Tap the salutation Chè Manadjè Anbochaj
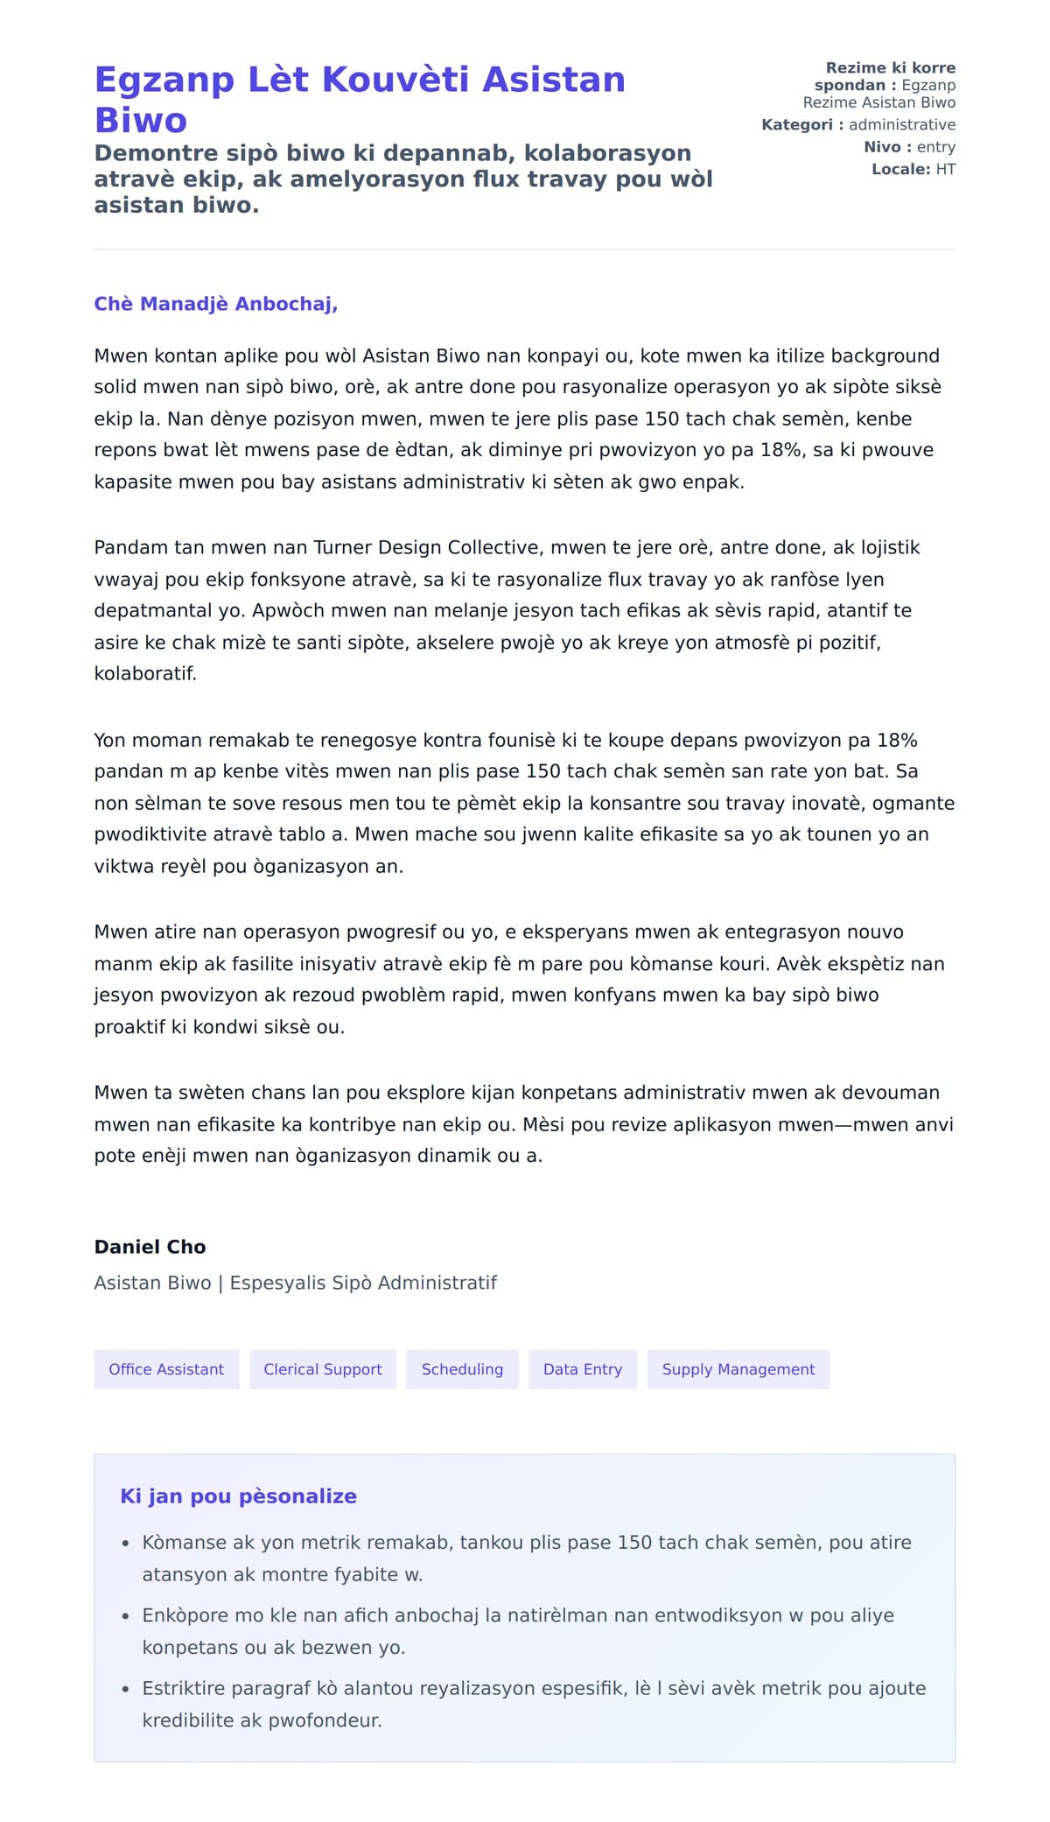[215, 304]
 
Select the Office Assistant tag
[166, 1369]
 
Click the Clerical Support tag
[323, 1369]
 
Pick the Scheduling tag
[462, 1369]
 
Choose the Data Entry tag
[583, 1369]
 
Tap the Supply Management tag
[738, 1369]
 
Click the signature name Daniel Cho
[150, 1247]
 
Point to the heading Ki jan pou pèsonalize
[238, 1496]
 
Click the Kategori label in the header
[797, 124]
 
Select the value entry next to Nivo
[936, 147]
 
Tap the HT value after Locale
[946, 169]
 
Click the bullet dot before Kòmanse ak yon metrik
[126, 1544]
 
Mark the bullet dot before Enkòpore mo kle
[126, 1616]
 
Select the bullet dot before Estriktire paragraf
[126, 1689]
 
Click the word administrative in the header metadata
[902, 124]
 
